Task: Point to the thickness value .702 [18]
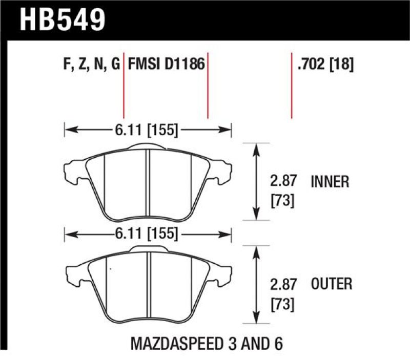(x=325, y=65)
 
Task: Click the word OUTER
(x=331, y=284)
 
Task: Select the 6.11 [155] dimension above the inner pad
(x=148, y=131)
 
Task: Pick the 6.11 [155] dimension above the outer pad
(x=148, y=235)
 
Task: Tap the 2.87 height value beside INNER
(x=282, y=181)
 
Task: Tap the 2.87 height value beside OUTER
(x=282, y=284)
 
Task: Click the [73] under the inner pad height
(x=282, y=201)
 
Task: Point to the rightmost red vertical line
(x=292, y=84)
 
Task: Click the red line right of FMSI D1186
(x=208, y=84)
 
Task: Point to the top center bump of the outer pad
(x=148, y=249)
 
